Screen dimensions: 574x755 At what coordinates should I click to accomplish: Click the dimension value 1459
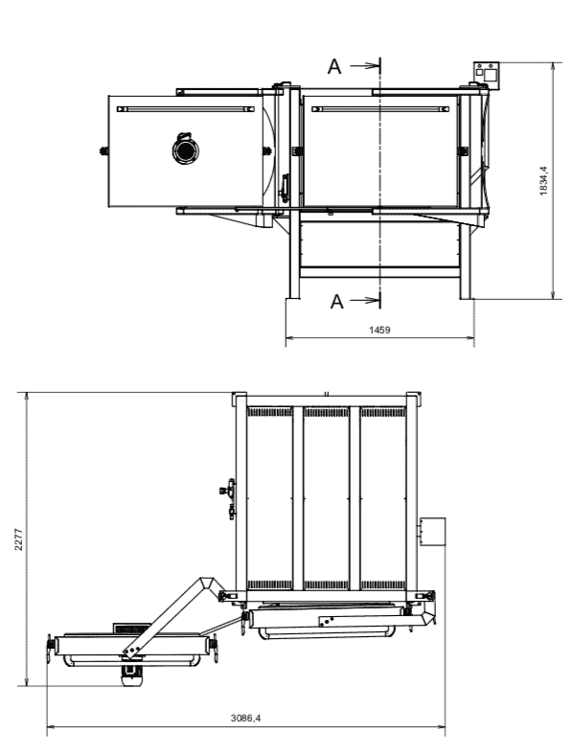tap(379, 330)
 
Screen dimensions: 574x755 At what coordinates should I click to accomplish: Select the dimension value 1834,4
tap(543, 180)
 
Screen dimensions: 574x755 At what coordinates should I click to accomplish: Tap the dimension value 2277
tap(18, 538)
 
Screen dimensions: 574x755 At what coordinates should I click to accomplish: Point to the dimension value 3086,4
tap(245, 718)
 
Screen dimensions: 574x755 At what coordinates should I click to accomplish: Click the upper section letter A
tap(334, 66)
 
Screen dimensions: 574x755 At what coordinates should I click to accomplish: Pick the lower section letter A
tap(337, 302)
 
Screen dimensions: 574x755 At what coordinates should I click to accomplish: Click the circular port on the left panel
tap(185, 150)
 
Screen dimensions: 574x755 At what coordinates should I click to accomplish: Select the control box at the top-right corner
tap(487, 76)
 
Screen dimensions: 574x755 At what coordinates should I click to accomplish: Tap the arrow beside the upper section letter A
tap(365, 66)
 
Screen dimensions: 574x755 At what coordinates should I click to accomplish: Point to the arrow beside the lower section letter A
tap(365, 301)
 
